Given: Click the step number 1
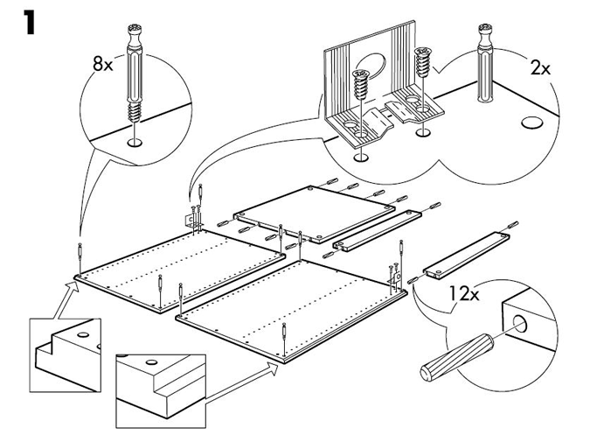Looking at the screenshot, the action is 29,22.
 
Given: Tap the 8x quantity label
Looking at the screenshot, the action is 103,64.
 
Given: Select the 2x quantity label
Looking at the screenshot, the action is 540,68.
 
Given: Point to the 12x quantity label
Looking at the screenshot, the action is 464,293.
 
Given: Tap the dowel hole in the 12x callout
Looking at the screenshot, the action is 520,324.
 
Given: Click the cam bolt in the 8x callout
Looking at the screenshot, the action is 135,73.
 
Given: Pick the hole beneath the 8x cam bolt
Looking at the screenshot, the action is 135,143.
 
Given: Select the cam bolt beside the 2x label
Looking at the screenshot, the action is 485,63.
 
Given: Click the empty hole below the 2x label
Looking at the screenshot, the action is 531,123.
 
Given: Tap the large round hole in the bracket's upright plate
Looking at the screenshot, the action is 372,67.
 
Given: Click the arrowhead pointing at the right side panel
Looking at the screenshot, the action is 272,369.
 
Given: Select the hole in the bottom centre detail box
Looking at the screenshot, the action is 151,362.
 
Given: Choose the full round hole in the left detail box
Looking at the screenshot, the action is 83,334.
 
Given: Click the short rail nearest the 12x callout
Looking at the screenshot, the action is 467,256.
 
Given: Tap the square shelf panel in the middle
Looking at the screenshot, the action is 314,214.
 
